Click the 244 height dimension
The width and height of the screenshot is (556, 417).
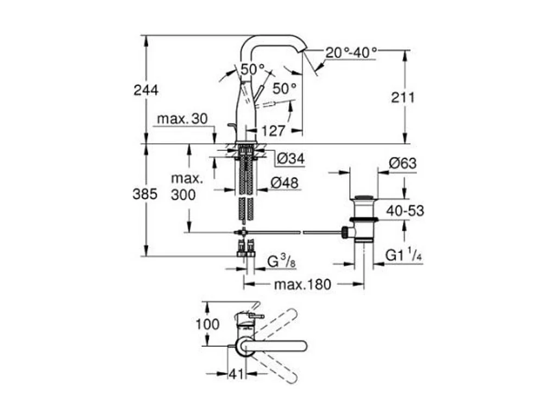(x=146, y=90)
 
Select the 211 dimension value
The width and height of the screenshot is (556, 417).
(x=403, y=98)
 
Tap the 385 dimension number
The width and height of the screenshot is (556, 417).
(x=145, y=194)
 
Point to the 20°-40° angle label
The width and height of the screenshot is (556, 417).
(x=351, y=53)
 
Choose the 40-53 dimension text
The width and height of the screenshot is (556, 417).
(x=405, y=211)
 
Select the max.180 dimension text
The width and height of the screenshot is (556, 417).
(x=302, y=285)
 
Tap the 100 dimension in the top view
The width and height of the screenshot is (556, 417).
(x=208, y=324)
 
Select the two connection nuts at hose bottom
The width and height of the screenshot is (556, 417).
(x=244, y=250)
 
